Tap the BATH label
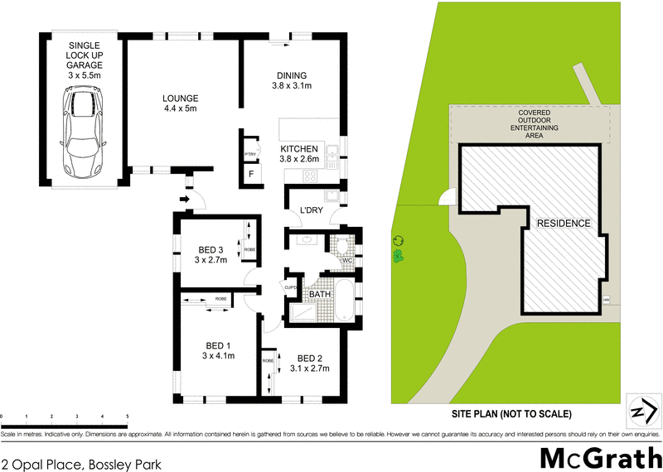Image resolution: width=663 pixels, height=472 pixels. click(320, 294)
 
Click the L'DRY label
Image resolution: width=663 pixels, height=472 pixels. click(311, 211)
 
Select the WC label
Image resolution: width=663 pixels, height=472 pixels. click(347, 262)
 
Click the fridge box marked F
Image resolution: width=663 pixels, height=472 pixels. click(251, 174)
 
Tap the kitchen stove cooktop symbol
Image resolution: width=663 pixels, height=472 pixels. click(311, 175)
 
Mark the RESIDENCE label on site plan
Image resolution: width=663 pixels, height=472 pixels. click(563, 223)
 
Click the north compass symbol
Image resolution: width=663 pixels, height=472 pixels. click(643, 410)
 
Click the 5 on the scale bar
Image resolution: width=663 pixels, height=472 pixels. click(127, 416)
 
